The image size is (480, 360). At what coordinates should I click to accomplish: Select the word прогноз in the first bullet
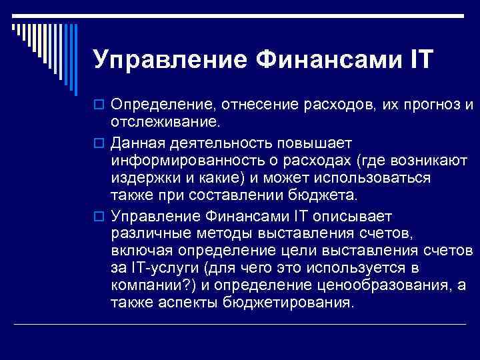[427, 105]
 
